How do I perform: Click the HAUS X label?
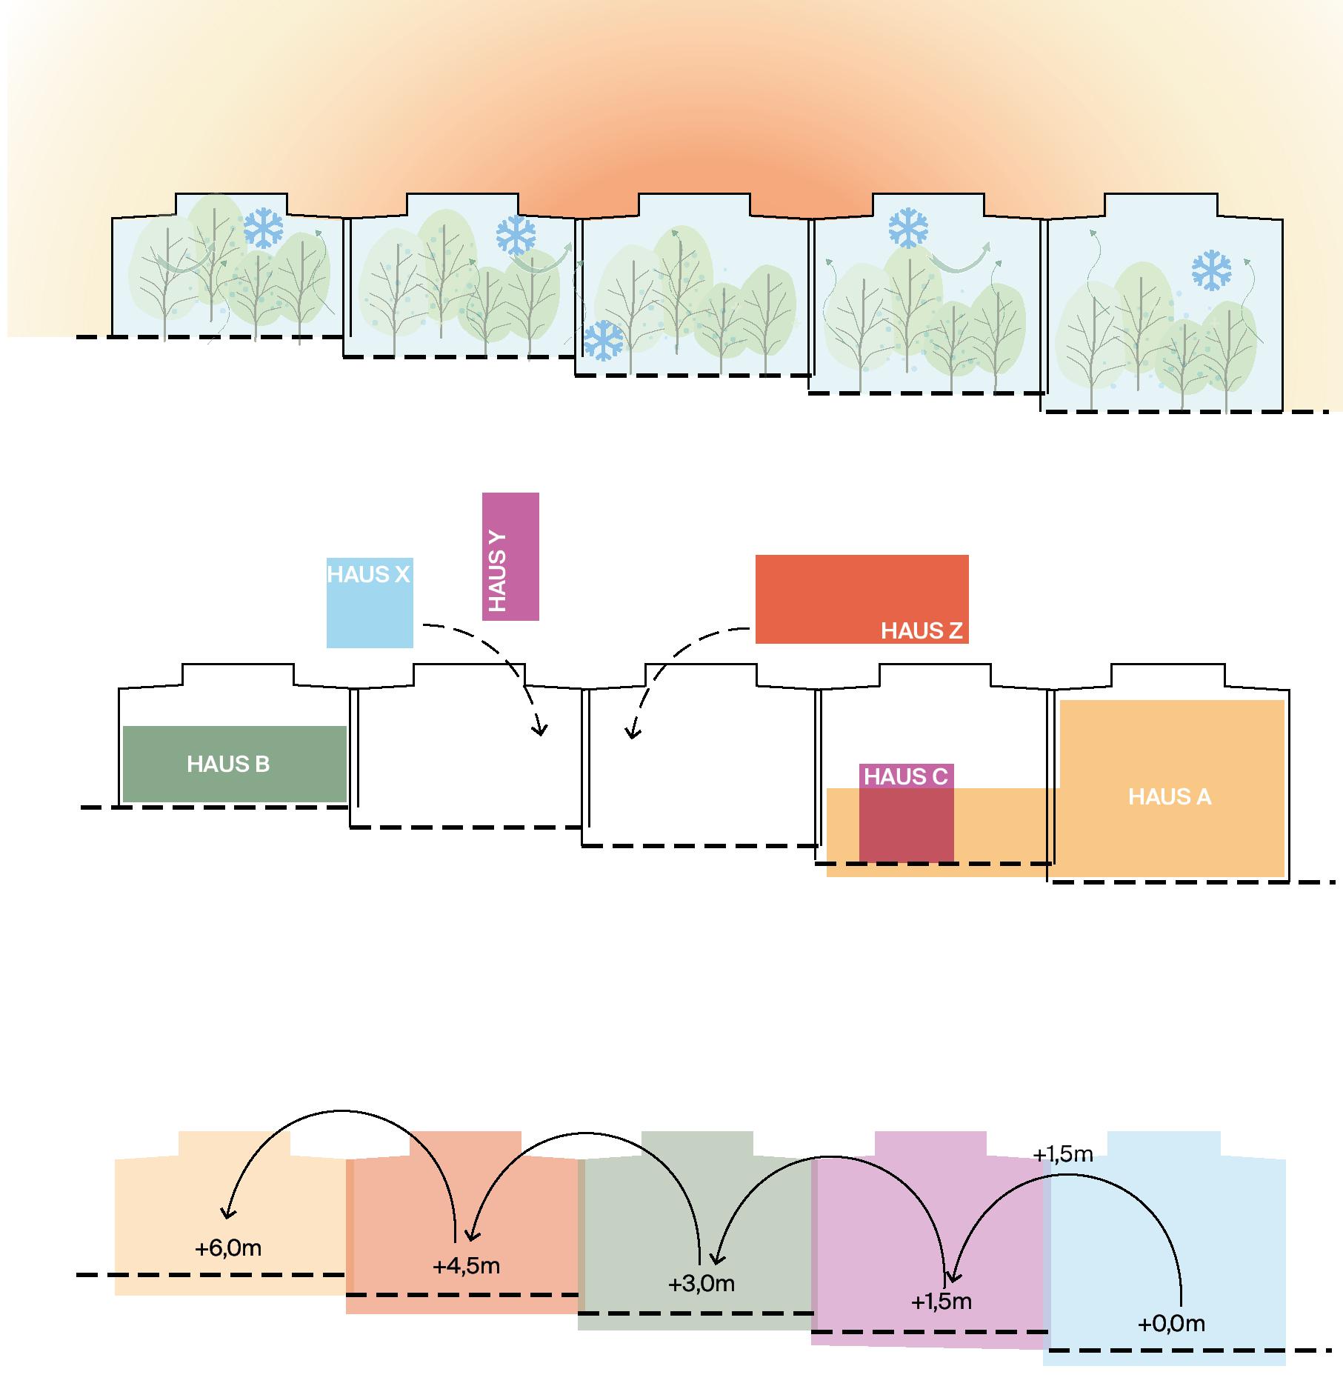pos(368,574)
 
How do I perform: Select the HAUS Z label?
pos(921,630)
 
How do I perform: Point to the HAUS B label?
pos(228,764)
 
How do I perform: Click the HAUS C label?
pos(905,776)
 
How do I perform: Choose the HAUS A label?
pos(1169,796)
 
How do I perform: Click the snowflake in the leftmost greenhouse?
pos(263,227)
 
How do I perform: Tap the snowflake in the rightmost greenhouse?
pos(1211,270)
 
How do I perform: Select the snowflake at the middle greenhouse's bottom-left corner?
pos(604,340)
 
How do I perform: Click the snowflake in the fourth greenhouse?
pos(908,227)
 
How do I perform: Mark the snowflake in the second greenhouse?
pos(516,235)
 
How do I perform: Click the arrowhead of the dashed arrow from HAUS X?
pos(541,730)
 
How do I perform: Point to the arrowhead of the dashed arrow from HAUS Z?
pos(631,733)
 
